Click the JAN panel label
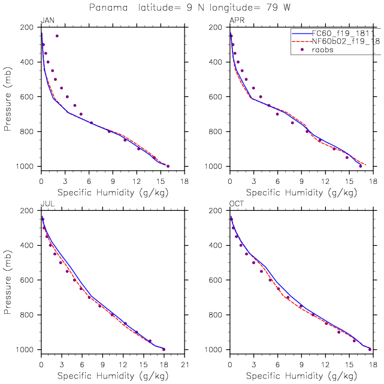[x=47, y=20]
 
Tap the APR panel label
[x=237, y=20]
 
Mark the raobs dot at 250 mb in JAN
[x=57, y=36]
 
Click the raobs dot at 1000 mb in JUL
[x=164, y=349]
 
